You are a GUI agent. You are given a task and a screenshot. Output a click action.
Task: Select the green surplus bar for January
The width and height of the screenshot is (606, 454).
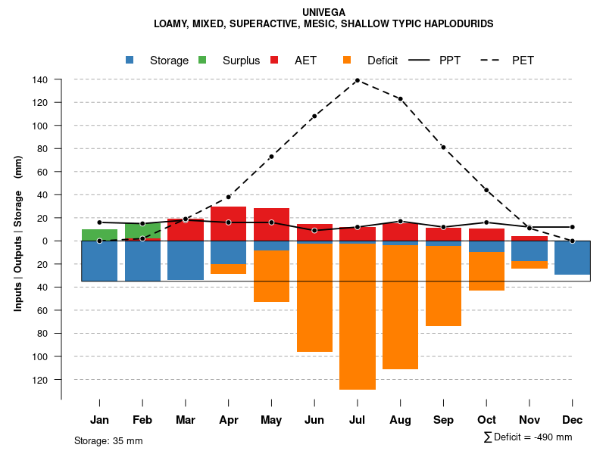tap(99, 235)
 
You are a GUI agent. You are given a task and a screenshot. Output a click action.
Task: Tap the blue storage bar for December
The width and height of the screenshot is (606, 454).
tap(572, 258)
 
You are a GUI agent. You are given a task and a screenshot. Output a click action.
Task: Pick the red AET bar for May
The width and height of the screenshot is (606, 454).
tap(271, 229)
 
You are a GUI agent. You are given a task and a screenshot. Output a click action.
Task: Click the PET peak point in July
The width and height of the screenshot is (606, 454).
tap(358, 80)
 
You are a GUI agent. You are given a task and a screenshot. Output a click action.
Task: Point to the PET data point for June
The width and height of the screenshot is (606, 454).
tap(314, 116)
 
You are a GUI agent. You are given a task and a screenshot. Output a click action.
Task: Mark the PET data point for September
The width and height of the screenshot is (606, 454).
tap(443, 147)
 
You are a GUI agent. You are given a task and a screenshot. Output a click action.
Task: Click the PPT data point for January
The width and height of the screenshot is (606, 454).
tap(99, 222)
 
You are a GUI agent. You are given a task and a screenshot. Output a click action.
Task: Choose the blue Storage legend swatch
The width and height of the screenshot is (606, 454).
tap(130, 60)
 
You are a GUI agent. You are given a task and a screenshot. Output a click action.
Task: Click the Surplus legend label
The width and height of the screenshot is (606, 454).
tap(241, 61)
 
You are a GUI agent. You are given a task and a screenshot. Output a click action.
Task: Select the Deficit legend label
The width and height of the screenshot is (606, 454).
tap(383, 61)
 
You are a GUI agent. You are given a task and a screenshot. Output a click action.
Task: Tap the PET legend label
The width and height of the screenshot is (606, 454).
tap(523, 61)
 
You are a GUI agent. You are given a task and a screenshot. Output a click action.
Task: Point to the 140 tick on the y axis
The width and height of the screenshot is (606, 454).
tap(41, 79)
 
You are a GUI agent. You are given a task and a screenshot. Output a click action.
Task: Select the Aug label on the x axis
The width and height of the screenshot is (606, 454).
tap(400, 420)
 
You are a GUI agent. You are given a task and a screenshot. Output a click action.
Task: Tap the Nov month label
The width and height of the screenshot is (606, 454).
tap(529, 420)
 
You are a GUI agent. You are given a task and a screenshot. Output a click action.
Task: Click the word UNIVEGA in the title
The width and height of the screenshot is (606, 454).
tap(323, 13)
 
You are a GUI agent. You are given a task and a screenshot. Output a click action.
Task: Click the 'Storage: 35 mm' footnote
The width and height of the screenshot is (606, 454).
tap(108, 440)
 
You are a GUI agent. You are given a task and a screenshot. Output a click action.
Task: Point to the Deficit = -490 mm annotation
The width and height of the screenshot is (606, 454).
tap(528, 437)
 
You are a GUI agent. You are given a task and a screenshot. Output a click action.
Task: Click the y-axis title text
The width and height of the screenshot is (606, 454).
tap(18, 234)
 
